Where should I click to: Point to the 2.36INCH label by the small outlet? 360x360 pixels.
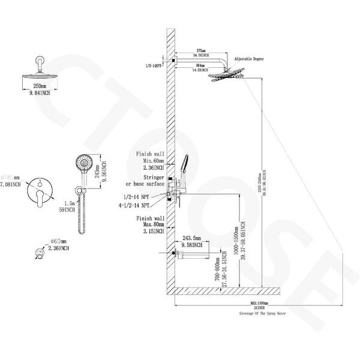pyautogui.click(x=58, y=247)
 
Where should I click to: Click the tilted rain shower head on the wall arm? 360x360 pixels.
pyautogui.click(x=227, y=77)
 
